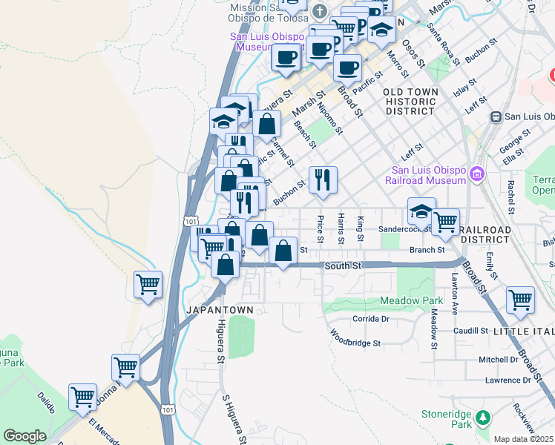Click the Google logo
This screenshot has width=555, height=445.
click(x=24, y=436)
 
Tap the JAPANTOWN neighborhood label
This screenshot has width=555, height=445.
click(x=220, y=309)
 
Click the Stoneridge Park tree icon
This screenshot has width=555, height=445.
click(x=484, y=418)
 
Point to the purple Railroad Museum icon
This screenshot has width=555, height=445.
click(x=476, y=174)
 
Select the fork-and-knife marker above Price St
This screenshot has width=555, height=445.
click(x=323, y=180)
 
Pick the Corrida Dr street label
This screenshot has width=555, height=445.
click(x=370, y=318)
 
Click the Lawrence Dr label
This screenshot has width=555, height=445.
click(x=508, y=380)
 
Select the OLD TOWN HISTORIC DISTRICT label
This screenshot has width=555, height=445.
click(x=410, y=101)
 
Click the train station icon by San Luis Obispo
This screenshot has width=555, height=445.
click(x=495, y=116)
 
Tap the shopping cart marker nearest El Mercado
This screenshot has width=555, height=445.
click(x=82, y=398)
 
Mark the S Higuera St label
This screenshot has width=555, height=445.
click(x=235, y=419)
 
